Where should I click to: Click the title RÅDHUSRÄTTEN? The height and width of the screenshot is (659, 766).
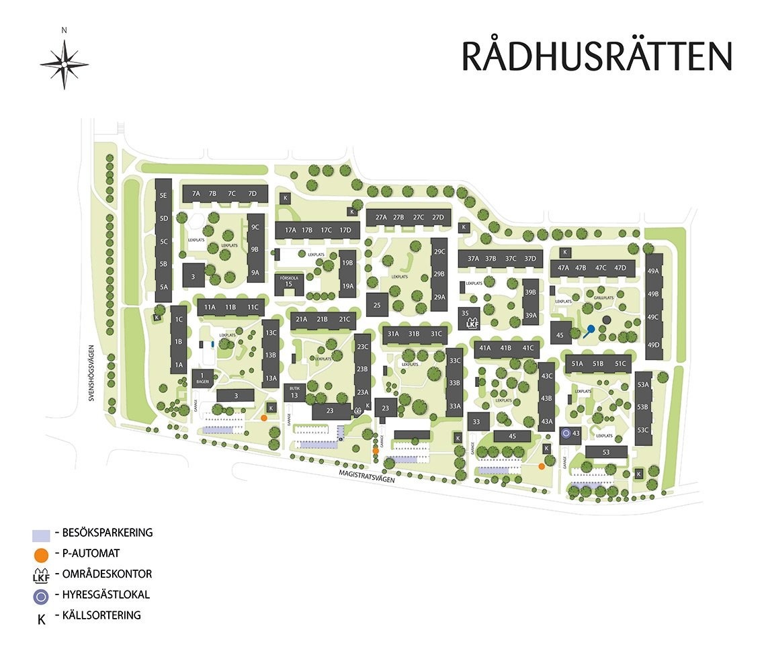click(596, 56)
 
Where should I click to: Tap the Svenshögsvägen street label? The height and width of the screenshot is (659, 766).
click(93, 374)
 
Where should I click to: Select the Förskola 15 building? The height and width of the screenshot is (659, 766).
click(289, 284)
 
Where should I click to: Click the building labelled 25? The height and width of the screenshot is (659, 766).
click(377, 304)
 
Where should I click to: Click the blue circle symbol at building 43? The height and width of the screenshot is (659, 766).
click(566, 434)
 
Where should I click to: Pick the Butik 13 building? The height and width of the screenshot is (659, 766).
click(294, 393)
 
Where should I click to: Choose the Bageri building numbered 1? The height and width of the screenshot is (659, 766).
click(202, 378)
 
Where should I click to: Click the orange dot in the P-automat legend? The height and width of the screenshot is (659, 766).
click(41, 554)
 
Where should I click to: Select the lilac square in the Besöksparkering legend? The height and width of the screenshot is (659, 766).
click(41, 535)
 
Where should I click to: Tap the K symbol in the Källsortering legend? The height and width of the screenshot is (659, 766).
click(41, 619)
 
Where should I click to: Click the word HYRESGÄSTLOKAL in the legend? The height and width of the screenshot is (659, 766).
click(106, 595)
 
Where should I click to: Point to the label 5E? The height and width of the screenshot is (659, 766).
click(163, 195)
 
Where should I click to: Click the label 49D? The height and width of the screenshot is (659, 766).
click(653, 345)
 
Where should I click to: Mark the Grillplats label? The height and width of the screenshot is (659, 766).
click(603, 296)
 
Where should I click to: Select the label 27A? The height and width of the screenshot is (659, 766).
click(382, 218)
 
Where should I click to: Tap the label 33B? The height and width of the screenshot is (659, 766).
click(454, 383)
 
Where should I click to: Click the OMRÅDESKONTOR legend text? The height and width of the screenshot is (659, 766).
click(107, 574)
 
